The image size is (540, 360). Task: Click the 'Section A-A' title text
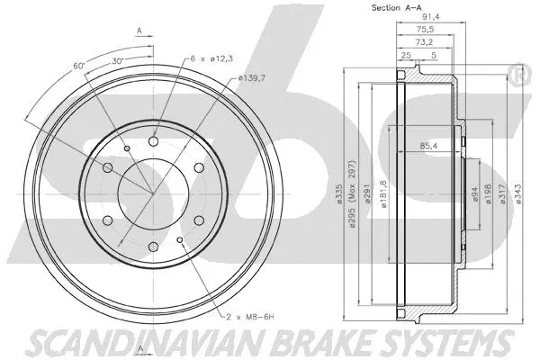click(397, 8)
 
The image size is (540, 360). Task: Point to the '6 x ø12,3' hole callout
click(212, 58)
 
